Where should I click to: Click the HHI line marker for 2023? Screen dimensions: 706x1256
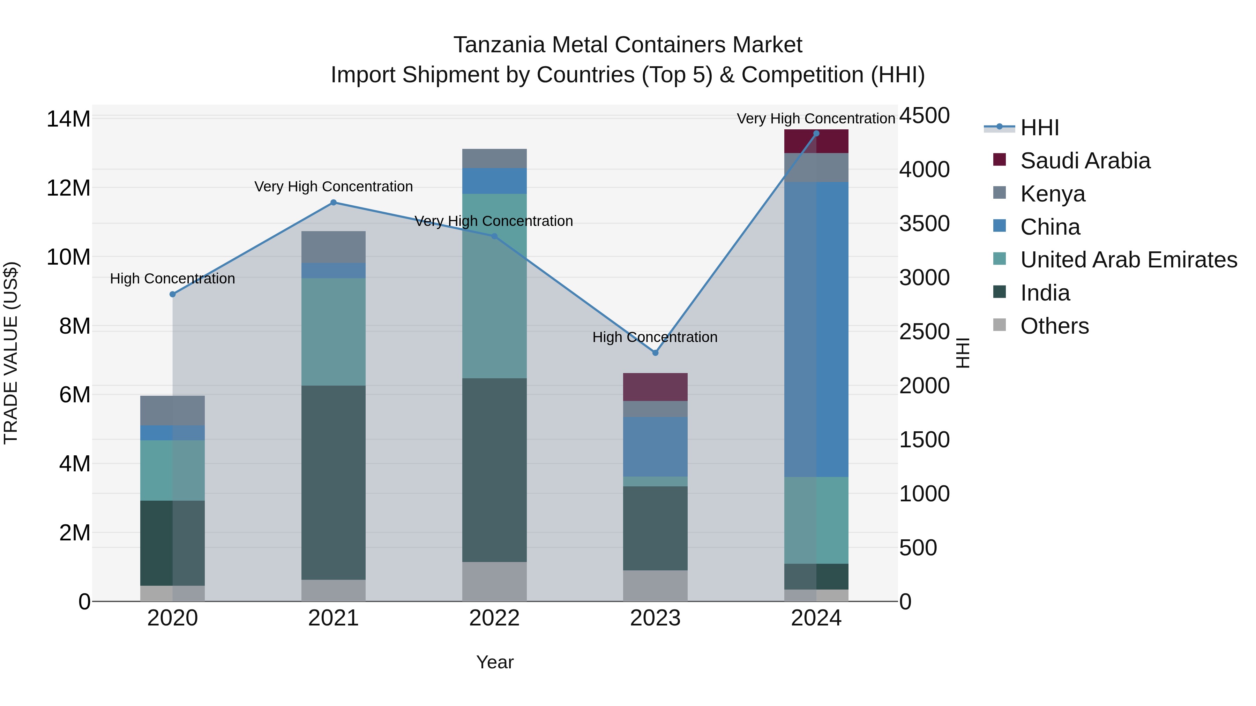click(655, 353)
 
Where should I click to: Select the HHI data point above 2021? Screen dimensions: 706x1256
click(334, 203)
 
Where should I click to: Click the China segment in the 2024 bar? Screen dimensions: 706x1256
click(816, 329)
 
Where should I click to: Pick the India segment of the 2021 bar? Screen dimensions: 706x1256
click(334, 483)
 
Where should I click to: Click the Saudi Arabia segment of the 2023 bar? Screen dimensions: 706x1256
click(655, 387)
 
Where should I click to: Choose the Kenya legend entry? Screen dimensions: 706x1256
click(1052, 194)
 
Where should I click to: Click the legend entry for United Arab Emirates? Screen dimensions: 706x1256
click(1128, 260)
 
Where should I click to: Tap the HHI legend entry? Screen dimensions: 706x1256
click(1039, 128)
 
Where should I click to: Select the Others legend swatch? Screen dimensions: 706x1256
click(999, 325)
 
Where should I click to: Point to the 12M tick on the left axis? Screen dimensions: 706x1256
click(68, 188)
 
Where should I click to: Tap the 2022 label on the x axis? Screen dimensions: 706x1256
click(494, 618)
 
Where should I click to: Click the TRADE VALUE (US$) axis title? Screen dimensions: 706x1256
click(11, 353)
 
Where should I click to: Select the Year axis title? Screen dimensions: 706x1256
click(494, 662)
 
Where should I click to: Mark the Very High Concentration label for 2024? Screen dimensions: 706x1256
click(816, 119)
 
